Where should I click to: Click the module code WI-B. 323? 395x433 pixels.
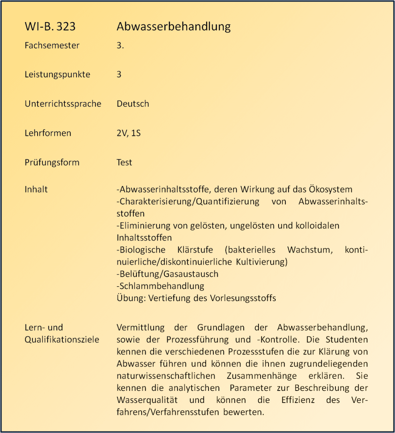click(x=50, y=26)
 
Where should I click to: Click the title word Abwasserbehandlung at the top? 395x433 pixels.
click(x=174, y=26)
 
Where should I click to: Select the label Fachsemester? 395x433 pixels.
click(x=52, y=45)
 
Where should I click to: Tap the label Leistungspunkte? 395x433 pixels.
click(x=57, y=75)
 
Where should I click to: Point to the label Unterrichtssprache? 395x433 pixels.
click(x=63, y=104)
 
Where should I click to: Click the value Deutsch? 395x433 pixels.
click(x=133, y=104)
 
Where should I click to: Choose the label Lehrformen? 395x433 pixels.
click(x=48, y=133)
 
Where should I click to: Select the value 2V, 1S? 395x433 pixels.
click(x=128, y=133)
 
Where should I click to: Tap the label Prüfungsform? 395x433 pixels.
click(x=52, y=163)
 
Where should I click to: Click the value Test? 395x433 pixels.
click(x=124, y=163)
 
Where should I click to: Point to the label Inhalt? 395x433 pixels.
click(x=36, y=189)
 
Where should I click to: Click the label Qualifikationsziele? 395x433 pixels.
click(x=62, y=340)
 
